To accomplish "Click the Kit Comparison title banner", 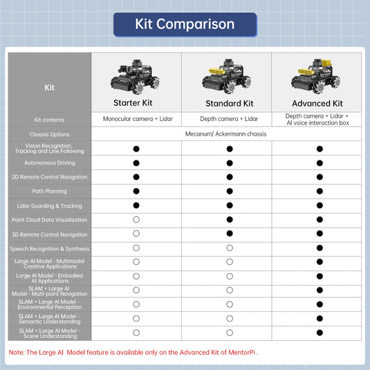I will tap(185, 24).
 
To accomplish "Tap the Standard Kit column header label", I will tap(229, 103).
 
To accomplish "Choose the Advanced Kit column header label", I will tap(317, 103).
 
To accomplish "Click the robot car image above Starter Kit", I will tap(136, 77).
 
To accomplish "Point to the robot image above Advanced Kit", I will tap(317, 77).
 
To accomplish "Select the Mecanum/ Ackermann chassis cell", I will tap(226, 134).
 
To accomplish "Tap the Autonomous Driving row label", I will tap(50, 163).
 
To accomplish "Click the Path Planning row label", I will tap(50, 191).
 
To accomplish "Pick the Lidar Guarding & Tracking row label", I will tap(50, 205).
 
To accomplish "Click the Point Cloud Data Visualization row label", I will tap(50, 220).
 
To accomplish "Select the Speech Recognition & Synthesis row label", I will tap(50, 248).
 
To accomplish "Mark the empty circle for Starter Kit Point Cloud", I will tap(136, 219).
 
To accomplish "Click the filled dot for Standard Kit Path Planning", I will tap(229, 191).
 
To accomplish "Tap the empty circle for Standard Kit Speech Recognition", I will tap(229, 248).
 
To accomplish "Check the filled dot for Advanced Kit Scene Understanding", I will tap(320, 333).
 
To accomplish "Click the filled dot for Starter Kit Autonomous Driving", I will tap(136, 163).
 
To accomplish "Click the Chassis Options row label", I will tap(50, 134).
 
